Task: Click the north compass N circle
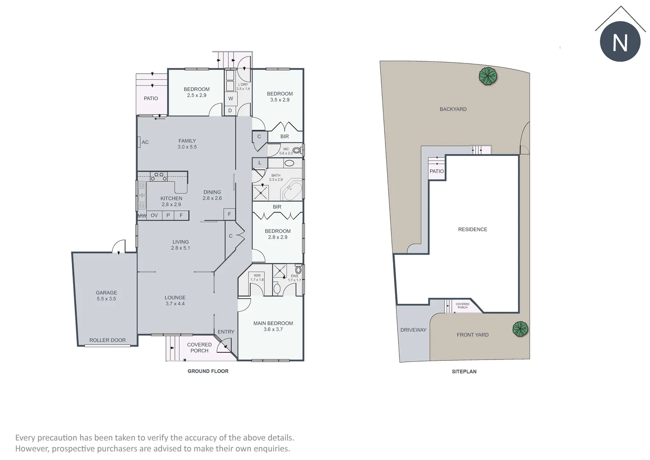(620, 42)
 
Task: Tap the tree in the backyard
(488, 76)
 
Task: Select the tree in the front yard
(520, 329)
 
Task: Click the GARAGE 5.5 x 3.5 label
(106, 296)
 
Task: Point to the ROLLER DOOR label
(107, 340)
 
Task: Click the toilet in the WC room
(297, 150)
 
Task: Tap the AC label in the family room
(145, 142)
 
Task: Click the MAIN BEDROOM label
(273, 326)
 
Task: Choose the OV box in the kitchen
(154, 216)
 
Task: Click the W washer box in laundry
(231, 98)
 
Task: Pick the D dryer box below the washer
(230, 111)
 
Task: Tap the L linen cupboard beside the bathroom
(259, 163)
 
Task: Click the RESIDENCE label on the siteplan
(473, 230)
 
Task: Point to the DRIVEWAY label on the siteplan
(413, 330)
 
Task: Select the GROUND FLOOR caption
(208, 371)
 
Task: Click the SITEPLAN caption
(464, 372)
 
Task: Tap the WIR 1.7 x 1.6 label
(257, 278)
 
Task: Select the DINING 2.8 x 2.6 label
(212, 195)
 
